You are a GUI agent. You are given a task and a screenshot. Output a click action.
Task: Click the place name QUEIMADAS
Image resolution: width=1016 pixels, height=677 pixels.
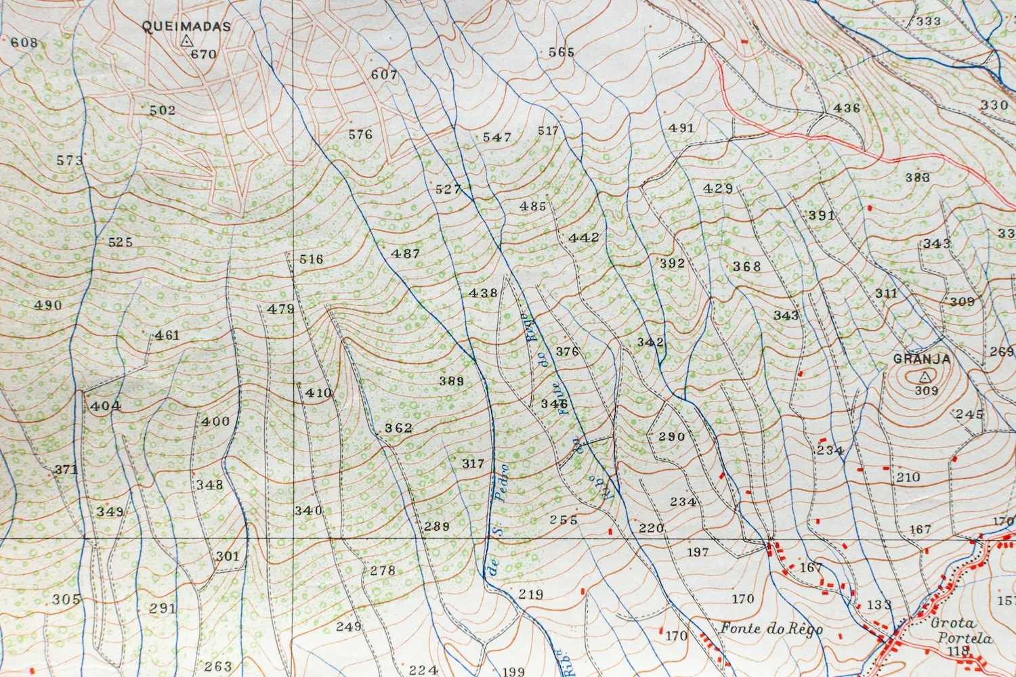tap(186, 26)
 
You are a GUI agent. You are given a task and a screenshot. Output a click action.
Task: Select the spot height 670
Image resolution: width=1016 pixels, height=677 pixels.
tap(203, 54)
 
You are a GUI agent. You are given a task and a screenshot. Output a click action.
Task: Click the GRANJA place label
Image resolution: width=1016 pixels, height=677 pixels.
tap(922, 359)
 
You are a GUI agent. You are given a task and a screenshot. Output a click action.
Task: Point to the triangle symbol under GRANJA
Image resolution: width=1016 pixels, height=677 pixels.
tap(925, 376)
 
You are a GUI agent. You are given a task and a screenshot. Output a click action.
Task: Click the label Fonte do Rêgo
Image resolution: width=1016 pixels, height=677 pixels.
tap(771, 628)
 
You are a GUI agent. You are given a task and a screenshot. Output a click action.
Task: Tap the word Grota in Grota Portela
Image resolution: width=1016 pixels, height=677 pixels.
tap(953, 623)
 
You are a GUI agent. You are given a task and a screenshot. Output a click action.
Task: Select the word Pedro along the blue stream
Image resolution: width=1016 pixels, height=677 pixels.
tap(501, 482)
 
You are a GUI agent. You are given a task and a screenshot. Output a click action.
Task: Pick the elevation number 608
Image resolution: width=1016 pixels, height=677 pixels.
tap(24, 43)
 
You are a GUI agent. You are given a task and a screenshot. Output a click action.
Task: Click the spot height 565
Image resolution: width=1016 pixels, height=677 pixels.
tap(562, 52)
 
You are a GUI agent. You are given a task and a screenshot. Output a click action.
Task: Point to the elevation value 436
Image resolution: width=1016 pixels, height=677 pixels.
tap(847, 108)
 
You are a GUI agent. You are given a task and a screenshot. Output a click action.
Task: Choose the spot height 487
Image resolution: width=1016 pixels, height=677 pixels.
tap(406, 254)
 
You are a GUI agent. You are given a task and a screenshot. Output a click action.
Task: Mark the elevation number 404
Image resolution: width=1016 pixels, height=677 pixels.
tap(106, 406)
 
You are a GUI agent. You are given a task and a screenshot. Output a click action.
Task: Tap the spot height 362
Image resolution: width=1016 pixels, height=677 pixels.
tap(398, 428)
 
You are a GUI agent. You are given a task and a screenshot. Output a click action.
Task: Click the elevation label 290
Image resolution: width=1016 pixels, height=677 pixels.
tap(672, 437)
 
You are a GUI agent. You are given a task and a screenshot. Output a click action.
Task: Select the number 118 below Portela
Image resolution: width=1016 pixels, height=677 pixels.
tap(958, 651)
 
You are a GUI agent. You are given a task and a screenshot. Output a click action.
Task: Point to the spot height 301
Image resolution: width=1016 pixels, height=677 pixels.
tap(228, 556)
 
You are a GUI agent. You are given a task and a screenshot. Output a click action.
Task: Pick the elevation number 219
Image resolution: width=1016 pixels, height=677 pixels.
tap(531, 594)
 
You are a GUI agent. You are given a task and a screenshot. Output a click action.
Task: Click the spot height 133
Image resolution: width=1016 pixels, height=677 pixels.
tap(879, 605)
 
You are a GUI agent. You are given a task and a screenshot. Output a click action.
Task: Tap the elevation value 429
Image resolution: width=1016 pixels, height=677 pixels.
tap(718, 188)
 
